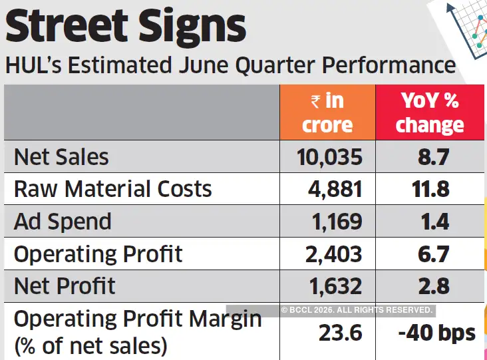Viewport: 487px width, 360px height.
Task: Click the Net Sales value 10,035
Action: pos(330,157)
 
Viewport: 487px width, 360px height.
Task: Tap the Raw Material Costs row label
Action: pos(112,189)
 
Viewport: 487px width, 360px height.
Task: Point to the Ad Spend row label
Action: pos(63,222)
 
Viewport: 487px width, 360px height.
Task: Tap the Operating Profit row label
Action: pos(98,254)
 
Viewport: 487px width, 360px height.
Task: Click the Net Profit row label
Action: pos(65,286)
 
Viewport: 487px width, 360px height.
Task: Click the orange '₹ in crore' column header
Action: pos(327,112)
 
